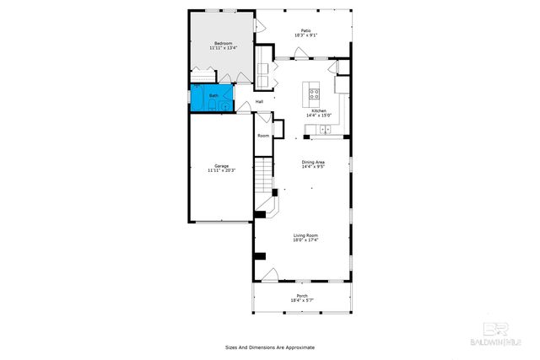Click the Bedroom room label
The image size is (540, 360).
click(223, 43)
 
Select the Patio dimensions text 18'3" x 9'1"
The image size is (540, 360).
click(305, 35)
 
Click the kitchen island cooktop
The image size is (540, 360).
click(314, 94)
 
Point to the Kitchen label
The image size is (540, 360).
click(319, 110)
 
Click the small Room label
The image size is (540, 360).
click(263, 136)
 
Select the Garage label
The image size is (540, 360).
click(222, 165)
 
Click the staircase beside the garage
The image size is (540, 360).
click(265, 178)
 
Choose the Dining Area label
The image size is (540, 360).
click(314, 161)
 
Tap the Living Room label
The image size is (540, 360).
click(305, 235)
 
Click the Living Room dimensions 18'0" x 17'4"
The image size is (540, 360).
click(305, 240)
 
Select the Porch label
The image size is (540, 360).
click(302, 295)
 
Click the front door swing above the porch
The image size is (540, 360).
click(271, 275)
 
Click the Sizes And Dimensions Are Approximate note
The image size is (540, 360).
click(269, 347)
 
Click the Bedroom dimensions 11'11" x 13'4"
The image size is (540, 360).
click(223, 48)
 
